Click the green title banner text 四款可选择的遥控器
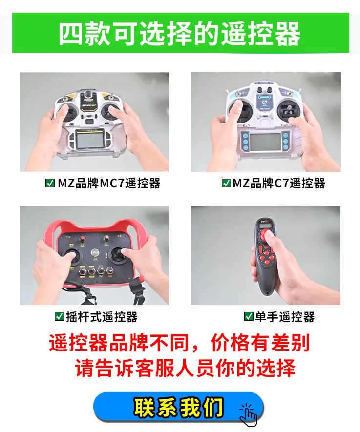coord(179,34)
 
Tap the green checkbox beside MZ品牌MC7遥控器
coord(50,183)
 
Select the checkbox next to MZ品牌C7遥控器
coord(226,183)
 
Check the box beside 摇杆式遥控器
coord(59,316)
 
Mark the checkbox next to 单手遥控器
coord(249,316)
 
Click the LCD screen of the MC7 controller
coord(90,140)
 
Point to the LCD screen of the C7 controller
coord(265,142)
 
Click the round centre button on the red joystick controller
coord(95,252)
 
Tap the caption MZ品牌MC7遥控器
coord(109,183)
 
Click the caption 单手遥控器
coord(285,317)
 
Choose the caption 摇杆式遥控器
coord(102,317)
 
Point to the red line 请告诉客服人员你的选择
coord(185,368)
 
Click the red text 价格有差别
coord(260,343)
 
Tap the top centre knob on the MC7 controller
coord(88,94)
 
